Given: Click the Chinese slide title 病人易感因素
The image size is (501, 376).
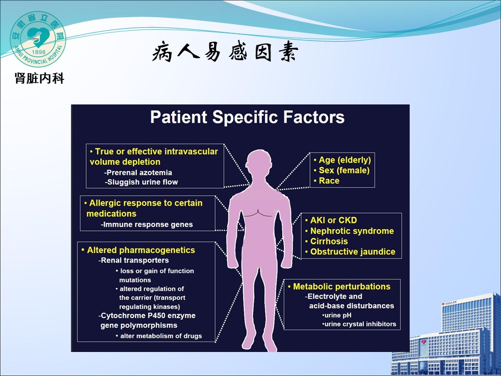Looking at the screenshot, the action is point(225,51).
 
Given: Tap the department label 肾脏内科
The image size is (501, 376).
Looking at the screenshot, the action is point(39,78).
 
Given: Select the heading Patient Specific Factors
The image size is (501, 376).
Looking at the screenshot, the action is point(247,117).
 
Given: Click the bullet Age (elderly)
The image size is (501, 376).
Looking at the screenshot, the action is point(342,160).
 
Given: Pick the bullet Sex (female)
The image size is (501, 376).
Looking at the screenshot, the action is point(341,170).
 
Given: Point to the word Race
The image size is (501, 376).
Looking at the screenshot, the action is point(329,181).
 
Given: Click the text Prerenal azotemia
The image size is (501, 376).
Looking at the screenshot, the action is point(138,173).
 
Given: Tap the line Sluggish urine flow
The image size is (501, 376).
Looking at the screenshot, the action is point(141,182).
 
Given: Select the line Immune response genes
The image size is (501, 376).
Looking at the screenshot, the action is point(147,225).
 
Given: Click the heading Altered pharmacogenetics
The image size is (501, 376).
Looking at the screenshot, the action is point(138,250).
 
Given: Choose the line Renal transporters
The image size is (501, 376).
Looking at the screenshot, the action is point(134,260).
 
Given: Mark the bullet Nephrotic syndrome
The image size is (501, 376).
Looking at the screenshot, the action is point(349,231).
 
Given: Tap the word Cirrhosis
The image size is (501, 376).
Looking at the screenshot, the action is point(329,241).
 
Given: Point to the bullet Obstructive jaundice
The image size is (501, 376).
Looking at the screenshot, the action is point(350,252).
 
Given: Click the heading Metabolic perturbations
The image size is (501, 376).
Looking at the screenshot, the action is point(339,287).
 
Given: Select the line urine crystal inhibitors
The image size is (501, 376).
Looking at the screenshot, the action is point(359,324).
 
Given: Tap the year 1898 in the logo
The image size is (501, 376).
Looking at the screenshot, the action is point(39,52).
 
